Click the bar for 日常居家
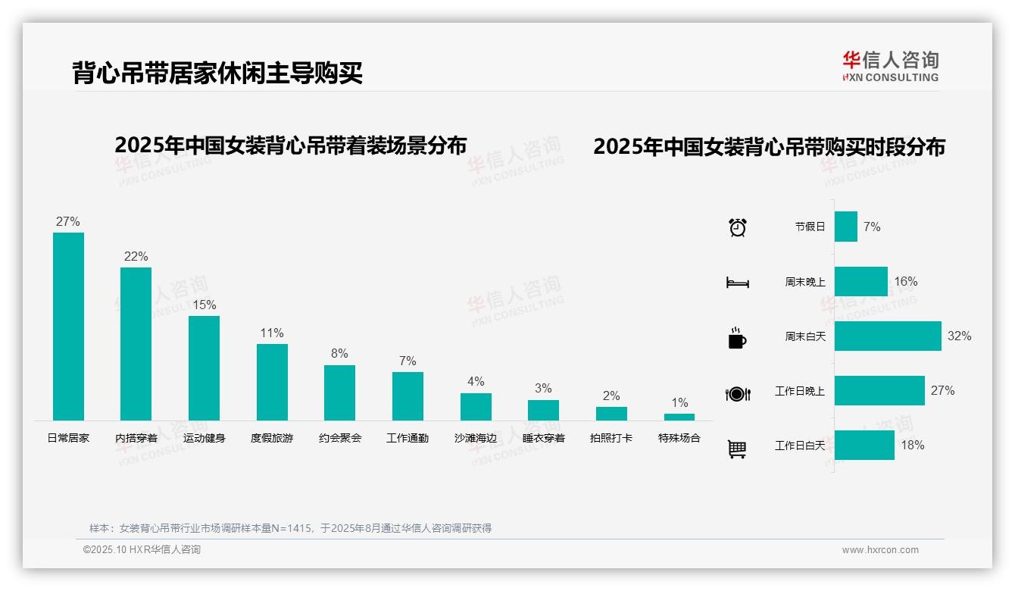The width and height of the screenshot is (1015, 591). (68, 326)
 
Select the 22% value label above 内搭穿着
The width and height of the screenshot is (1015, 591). (136, 256)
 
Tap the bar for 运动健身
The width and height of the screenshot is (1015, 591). (204, 367)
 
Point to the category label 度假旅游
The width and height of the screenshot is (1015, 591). (272, 438)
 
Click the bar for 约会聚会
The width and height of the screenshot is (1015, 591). (339, 392)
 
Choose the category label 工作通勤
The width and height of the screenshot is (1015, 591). (408, 438)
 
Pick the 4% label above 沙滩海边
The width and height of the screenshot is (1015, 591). (476, 381)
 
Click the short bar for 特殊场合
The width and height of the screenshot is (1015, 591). (679, 417)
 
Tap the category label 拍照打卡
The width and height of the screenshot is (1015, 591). (611, 438)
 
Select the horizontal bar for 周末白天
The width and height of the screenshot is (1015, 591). (888, 336)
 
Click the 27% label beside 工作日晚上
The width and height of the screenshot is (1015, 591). (943, 390)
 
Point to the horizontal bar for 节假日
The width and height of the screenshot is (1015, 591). (846, 227)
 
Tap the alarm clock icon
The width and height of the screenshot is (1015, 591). (738, 227)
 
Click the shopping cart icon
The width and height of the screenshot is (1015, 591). (737, 449)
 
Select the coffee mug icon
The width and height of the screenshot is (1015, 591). (737, 338)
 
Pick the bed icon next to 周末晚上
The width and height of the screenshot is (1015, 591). (737, 283)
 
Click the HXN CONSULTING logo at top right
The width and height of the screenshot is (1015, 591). (890, 67)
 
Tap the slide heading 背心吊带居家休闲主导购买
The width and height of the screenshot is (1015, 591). (217, 73)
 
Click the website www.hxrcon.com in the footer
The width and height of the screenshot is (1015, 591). (880, 550)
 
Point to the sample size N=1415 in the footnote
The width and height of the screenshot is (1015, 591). (292, 528)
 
